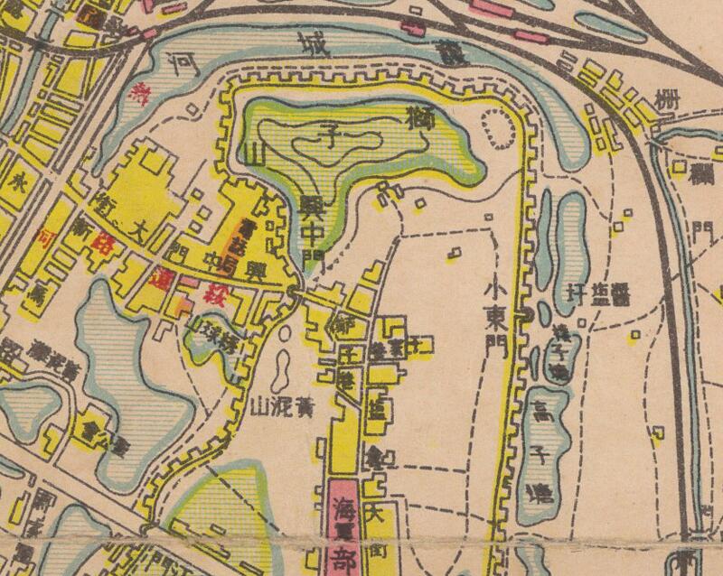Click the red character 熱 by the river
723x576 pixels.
[141, 89]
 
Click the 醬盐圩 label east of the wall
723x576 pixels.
[599, 294]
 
